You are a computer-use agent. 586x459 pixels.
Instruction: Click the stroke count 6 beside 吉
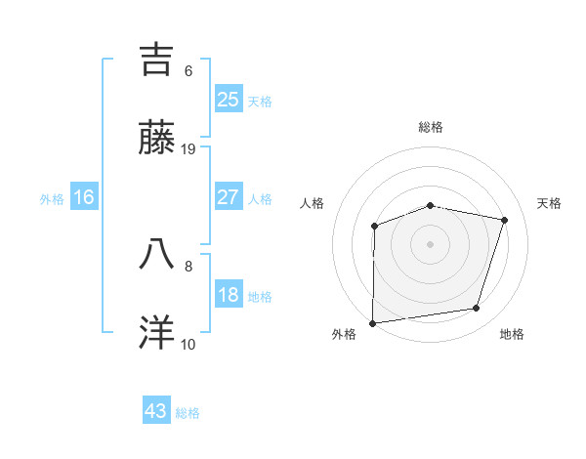click(x=188, y=71)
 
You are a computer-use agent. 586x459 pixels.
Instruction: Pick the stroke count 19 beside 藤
click(x=188, y=149)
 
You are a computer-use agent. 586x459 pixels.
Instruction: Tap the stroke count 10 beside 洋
click(x=188, y=344)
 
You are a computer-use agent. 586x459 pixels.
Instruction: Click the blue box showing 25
click(x=228, y=99)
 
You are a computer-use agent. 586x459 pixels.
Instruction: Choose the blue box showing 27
click(x=228, y=196)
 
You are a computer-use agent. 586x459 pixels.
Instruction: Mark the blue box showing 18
click(x=228, y=295)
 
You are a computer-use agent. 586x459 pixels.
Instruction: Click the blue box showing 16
click(x=84, y=196)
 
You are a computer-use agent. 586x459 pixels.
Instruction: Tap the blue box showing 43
click(x=155, y=411)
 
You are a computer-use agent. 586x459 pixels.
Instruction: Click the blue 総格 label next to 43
click(x=188, y=413)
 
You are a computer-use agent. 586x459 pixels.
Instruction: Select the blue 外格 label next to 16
click(x=52, y=198)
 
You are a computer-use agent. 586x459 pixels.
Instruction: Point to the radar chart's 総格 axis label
click(x=430, y=127)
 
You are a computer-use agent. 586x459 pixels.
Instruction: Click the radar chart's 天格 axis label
click(x=549, y=203)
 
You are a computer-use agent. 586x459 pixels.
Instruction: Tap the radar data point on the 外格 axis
click(x=373, y=322)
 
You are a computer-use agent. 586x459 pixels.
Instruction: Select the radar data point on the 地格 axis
click(x=477, y=309)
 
